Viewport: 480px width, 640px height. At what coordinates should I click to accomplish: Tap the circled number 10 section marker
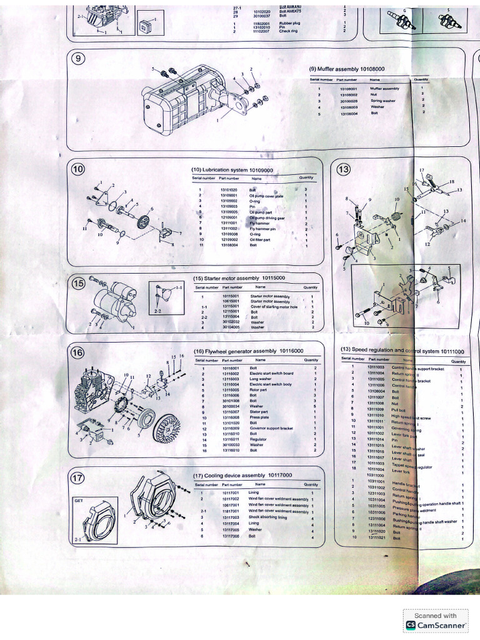[79, 169]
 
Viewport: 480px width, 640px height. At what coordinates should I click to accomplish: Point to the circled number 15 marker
[79, 283]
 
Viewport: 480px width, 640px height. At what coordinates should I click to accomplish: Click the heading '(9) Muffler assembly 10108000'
[346, 69]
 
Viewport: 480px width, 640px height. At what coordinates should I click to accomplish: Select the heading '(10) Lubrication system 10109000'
[232, 171]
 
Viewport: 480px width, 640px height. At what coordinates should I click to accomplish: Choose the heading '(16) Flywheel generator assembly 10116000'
[249, 351]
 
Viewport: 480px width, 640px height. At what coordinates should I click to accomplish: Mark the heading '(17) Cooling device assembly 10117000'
[243, 475]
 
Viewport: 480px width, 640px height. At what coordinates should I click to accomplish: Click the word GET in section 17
[79, 501]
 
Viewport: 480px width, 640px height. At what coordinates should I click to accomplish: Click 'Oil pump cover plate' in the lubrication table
[266, 196]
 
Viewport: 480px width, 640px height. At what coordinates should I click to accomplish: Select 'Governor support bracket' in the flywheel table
[271, 428]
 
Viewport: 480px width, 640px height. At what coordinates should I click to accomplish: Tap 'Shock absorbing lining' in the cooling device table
[267, 517]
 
